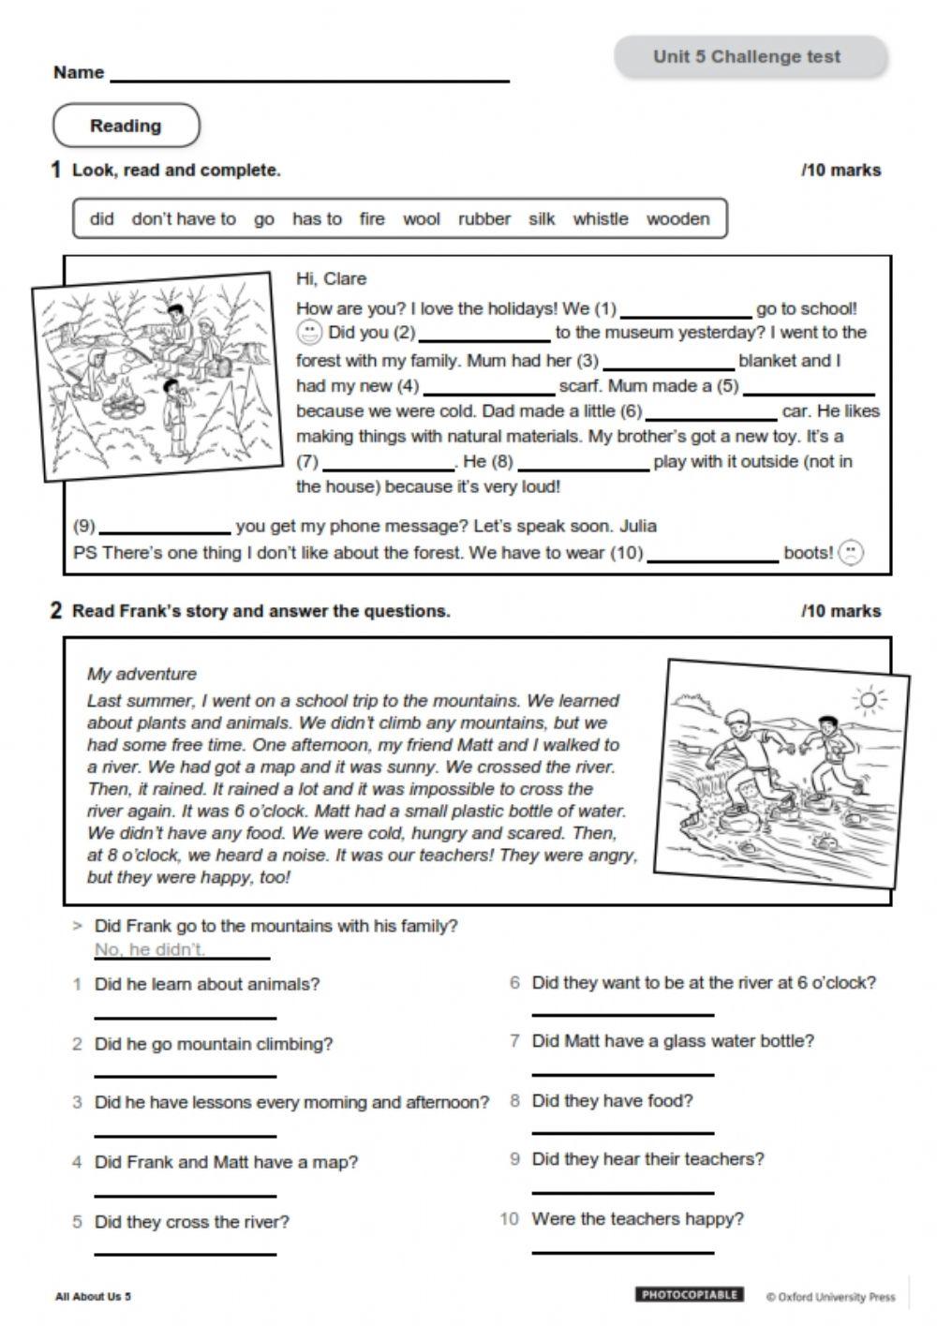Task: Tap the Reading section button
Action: coord(126,126)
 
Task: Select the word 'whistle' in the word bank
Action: coord(601,219)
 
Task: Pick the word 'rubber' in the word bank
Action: coord(484,219)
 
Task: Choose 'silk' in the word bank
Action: coord(542,219)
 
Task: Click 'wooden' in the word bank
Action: coord(677,219)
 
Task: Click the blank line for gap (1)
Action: coord(686,314)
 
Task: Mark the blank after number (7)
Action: coord(388,467)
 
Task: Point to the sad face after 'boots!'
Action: coord(850,552)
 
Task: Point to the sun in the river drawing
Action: coord(868,700)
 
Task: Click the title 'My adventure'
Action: coord(141,674)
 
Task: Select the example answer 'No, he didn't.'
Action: coord(150,949)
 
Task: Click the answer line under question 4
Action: coord(186,1194)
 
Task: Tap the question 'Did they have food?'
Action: coord(612,1101)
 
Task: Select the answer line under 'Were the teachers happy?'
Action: coord(622,1250)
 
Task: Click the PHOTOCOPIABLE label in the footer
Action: coord(690,1295)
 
